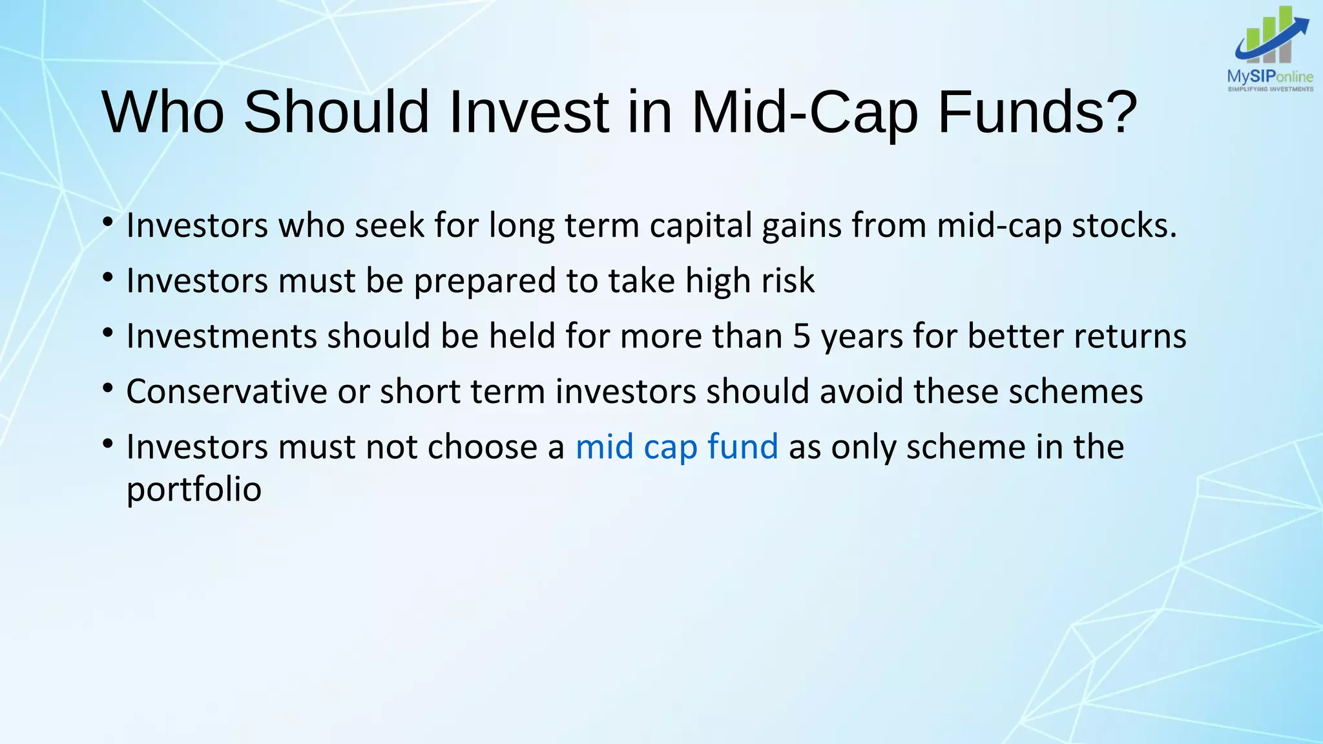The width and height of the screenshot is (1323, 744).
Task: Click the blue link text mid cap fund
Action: coord(676,447)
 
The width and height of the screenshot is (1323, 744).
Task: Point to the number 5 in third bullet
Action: coord(802,336)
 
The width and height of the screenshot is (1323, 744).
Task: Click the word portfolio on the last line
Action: coord(194,490)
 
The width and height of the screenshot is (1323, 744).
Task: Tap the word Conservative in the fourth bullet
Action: coord(227,392)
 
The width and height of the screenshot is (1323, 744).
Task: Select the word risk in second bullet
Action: coord(787,281)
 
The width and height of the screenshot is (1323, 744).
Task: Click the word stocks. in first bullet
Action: coord(1125,225)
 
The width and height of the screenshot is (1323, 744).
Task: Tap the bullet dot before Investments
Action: coord(108,334)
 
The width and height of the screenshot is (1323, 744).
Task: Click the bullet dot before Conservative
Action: coord(108,389)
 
